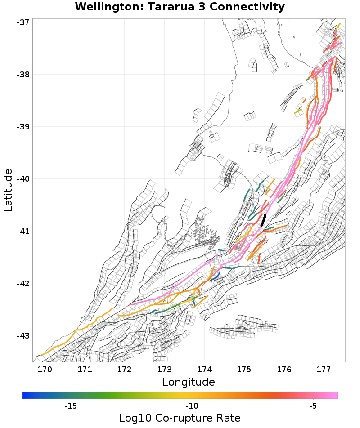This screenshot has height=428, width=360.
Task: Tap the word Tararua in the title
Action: tap(162, 7)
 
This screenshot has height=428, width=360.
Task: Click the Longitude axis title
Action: tap(189, 382)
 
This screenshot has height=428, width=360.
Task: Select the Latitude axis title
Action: tap(8, 190)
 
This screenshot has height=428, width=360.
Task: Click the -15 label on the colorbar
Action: tap(71, 406)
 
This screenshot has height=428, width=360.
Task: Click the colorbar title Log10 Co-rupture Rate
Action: tap(180, 418)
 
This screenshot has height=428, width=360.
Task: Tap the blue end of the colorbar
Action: tap(25, 395)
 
